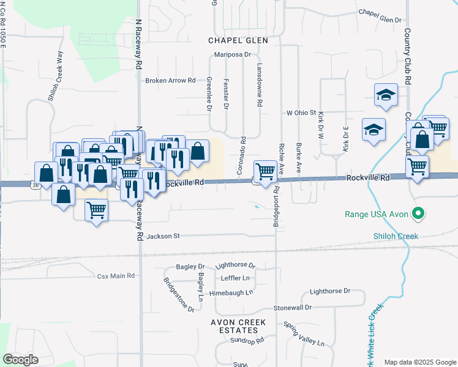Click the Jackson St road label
point(163,235)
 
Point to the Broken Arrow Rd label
point(170,80)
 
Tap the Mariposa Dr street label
point(233,54)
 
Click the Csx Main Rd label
point(116,276)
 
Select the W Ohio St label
point(301,113)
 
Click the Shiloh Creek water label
point(396,236)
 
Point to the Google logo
point(20,360)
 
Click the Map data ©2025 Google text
point(421,362)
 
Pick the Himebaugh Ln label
point(231,292)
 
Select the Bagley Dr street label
point(190,267)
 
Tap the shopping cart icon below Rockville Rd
point(97,210)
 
